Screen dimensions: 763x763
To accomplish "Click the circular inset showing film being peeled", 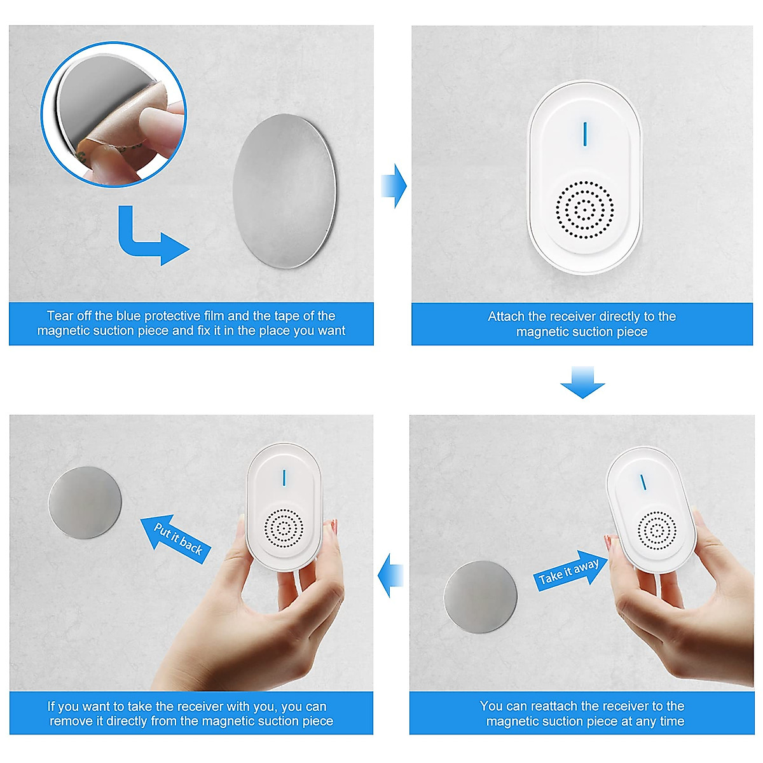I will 114,114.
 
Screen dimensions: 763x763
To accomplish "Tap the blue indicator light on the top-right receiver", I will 585,132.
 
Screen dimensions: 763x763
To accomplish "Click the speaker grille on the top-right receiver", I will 584,209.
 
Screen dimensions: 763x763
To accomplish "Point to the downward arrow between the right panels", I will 582,382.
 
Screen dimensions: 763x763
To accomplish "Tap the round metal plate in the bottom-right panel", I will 481,596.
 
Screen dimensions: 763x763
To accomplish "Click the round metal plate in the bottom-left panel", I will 85,502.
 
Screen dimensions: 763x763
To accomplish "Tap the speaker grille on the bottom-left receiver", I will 284,528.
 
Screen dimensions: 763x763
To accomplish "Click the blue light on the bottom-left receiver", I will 284,478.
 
